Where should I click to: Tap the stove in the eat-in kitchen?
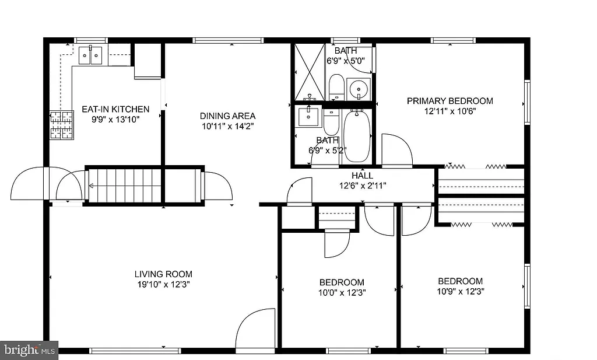click(62, 125)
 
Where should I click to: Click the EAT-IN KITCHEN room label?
click(115, 109)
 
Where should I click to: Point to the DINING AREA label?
click(227, 116)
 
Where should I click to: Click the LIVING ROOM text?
click(163, 274)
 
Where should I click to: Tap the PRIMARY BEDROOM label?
click(449, 101)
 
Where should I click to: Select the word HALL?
click(362, 176)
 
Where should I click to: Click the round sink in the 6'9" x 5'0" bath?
click(357, 89)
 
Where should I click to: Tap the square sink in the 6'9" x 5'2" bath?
click(309, 117)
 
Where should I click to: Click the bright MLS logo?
click(29, 350)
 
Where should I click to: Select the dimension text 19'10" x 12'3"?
click(163, 285)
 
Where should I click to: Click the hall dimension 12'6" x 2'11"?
click(362, 186)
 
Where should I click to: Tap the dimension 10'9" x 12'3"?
click(461, 291)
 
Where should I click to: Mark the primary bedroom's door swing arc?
click(397, 150)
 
